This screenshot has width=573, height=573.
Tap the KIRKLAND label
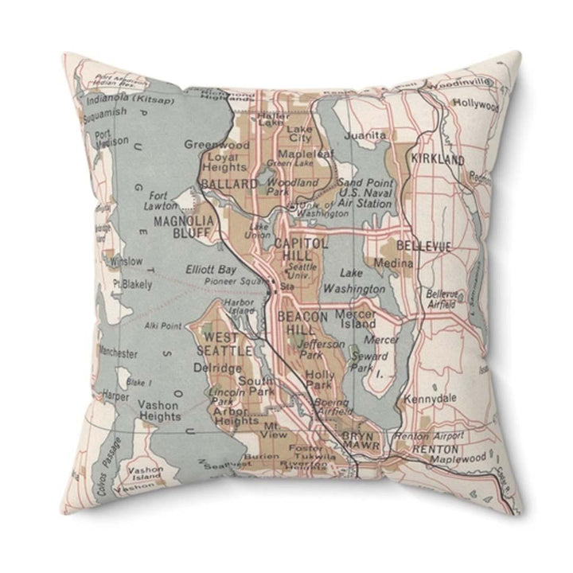pyautogui.click(x=438, y=160)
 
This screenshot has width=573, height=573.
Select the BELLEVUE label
pyautogui.click(x=423, y=247)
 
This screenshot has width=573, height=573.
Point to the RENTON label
pyautogui.click(x=434, y=450)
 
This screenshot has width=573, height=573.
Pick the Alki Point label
pyautogui.click(x=163, y=325)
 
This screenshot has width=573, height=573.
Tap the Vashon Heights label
pyautogui.click(x=159, y=410)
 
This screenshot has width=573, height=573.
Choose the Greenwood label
pyautogui.click(x=216, y=145)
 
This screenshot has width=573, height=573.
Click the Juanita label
pyautogui.click(x=368, y=135)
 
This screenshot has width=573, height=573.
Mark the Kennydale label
pyautogui.click(x=429, y=398)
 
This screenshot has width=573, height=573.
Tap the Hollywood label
pyautogui.click(x=476, y=103)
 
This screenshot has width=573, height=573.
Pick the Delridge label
pyautogui.click(x=216, y=368)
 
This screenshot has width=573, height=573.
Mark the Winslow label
pyautogui.click(x=126, y=261)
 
